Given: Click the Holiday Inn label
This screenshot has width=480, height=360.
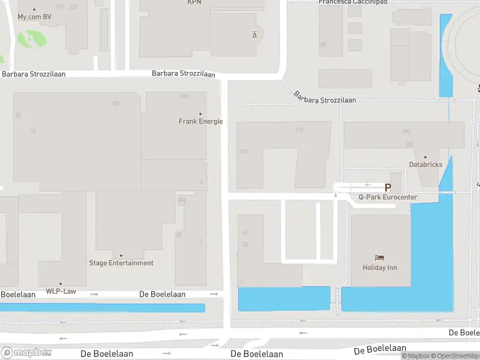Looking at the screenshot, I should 380,268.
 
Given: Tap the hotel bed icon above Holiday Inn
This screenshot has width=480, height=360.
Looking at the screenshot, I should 379,258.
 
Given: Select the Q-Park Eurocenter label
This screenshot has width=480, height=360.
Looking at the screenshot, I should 388,197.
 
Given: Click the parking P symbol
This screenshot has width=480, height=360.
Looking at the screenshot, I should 388,188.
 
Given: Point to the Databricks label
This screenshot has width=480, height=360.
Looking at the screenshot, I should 425,164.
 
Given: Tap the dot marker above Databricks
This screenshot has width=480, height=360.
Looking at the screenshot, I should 425,157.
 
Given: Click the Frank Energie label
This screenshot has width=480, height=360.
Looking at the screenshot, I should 200,121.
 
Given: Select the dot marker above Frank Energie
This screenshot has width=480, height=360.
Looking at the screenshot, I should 200,114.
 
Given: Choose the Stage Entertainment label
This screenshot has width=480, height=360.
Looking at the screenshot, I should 121,263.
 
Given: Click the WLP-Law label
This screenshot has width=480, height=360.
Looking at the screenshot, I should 61,292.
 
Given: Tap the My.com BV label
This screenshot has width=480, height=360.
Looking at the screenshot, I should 34,17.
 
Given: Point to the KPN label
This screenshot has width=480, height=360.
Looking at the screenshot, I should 194,2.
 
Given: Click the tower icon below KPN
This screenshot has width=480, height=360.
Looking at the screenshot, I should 254,34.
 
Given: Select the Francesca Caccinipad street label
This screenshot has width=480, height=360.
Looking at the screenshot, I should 353,2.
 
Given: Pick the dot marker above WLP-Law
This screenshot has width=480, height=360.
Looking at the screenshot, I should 61,284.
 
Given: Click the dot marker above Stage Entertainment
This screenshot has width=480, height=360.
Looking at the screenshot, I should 121,256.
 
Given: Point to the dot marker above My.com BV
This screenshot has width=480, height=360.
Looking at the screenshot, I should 34,10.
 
